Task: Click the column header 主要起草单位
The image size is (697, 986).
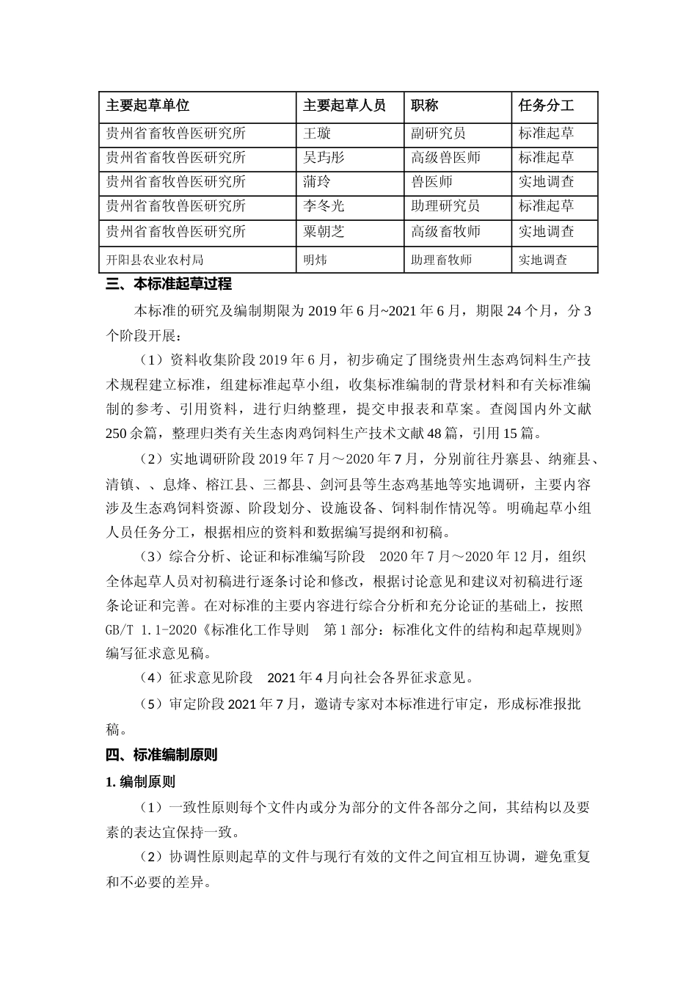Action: pyautogui.click(x=147, y=106)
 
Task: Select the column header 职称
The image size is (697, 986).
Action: pyautogui.click(x=425, y=106)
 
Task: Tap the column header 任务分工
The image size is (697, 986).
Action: pyautogui.click(x=546, y=106)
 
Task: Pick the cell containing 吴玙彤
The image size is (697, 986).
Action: pyautogui.click(x=324, y=158)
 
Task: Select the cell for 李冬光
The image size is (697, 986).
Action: pyautogui.click(x=324, y=206)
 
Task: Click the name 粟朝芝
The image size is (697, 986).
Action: pyautogui.click(x=324, y=232)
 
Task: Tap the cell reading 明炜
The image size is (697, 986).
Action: pyautogui.click(x=315, y=260)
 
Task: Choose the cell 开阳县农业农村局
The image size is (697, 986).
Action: pyautogui.click(x=155, y=260)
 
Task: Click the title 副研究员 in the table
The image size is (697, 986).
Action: pyautogui.click(x=438, y=134)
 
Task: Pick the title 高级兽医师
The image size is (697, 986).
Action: pyautogui.click(x=445, y=158)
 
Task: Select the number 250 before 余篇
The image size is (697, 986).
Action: pyautogui.click(x=117, y=433)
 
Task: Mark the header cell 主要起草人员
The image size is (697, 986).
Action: pyautogui.click(x=344, y=106)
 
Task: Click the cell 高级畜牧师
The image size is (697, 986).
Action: pyautogui.click(x=445, y=232)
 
